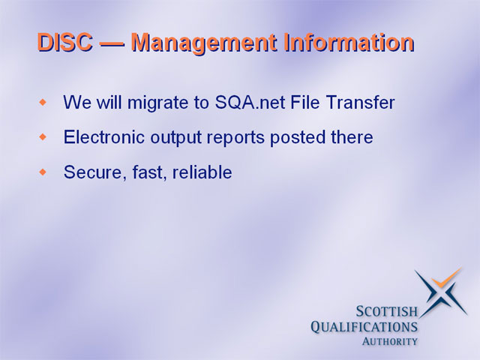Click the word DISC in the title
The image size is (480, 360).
click(x=65, y=42)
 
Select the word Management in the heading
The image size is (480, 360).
click(x=204, y=43)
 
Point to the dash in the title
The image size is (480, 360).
click(x=112, y=43)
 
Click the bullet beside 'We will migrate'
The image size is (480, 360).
click(x=43, y=102)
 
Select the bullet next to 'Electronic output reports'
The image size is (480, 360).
click(x=43, y=136)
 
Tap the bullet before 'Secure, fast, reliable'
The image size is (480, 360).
click(x=43, y=172)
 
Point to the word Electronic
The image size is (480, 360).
click(x=103, y=136)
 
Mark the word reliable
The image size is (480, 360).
click(x=202, y=172)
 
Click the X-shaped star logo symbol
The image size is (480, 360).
click(x=442, y=292)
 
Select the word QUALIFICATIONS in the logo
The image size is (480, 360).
click(x=364, y=327)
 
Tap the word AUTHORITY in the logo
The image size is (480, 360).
click(x=390, y=341)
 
